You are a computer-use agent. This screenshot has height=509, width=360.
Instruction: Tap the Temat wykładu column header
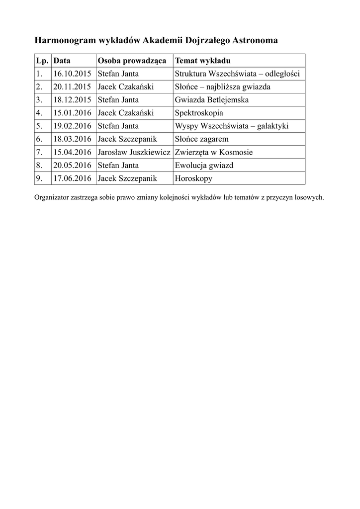point(202,61)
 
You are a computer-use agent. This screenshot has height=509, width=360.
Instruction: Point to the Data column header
point(62,61)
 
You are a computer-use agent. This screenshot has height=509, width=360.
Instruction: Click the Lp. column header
point(41,61)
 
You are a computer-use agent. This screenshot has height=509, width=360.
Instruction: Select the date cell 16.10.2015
point(72,74)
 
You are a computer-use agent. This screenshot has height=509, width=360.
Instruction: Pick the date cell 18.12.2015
point(72,100)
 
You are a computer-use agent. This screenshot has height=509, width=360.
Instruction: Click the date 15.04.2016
point(72,152)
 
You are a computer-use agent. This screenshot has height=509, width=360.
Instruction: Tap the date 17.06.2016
point(72,178)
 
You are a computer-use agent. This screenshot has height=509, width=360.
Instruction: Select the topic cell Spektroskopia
point(199,113)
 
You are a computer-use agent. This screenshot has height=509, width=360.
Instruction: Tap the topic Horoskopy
point(193,178)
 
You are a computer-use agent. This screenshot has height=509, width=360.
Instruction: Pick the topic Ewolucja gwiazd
point(204,165)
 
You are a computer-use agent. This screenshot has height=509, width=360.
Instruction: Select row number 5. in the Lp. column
point(39,126)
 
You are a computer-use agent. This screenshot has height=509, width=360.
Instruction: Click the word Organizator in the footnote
point(52,197)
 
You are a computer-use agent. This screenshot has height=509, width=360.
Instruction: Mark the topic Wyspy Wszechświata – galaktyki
point(232,126)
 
